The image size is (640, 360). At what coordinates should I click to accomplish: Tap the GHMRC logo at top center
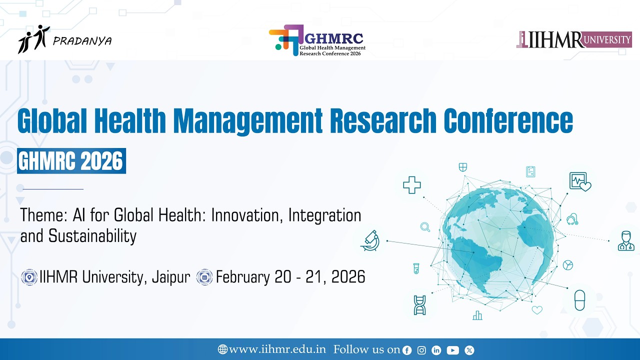(317, 40)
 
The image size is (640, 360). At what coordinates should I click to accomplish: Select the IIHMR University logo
(574, 39)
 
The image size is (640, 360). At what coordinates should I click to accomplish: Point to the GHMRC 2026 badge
(71, 161)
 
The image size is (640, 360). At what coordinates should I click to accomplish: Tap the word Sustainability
(92, 235)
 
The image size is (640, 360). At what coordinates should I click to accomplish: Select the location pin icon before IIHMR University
(29, 277)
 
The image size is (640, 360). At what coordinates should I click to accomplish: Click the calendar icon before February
(204, 277)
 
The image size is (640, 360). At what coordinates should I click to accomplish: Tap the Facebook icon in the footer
(407, 350)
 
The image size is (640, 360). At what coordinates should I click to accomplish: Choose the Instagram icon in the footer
(421, 350)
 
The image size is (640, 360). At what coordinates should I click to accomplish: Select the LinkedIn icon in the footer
(436, 350)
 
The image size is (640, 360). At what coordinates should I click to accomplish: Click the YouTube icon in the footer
(453, 350)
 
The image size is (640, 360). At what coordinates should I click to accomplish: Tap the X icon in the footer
(469, 350)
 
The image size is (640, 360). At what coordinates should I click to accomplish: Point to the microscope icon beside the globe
(370, 240)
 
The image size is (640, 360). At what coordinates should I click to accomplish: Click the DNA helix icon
(419, 305)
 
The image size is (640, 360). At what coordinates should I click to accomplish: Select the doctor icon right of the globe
(625, 240)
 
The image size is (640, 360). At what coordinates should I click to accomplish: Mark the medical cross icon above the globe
(412, 185)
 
